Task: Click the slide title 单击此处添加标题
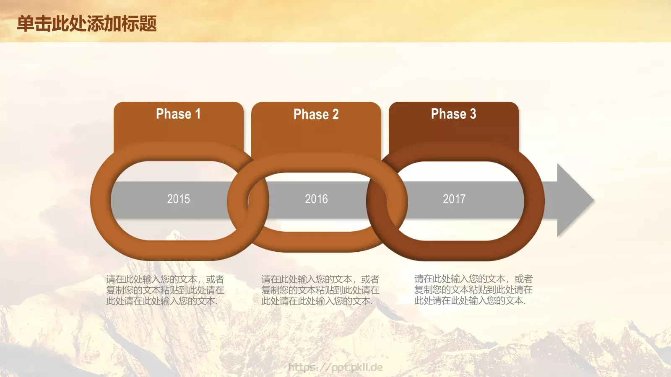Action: coord(87,23)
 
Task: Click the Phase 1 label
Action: coord(178,114)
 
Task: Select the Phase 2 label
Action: coord(316,114)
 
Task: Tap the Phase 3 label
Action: coord(453,114)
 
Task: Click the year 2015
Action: coord(178,199)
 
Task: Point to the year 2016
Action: coord(316,199)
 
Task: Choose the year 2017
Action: coord(454,199)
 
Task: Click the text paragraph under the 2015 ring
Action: coord(165,290)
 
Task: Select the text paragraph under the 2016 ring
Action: coord(320,290)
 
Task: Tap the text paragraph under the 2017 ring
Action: coord(473,289)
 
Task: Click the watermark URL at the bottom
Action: coord(335,367)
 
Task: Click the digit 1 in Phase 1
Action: coord(198,114)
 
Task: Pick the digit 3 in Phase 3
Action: coord(473,114)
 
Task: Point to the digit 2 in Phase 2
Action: coord(335,114)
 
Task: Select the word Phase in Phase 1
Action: coord(173,114)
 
